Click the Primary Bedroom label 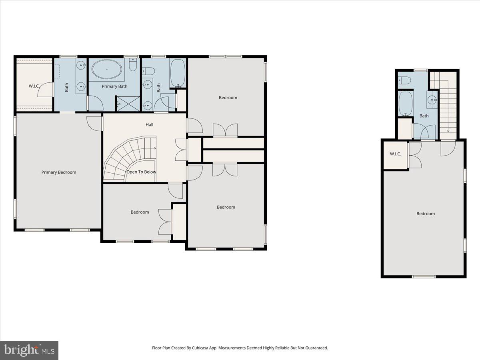coord(59,172)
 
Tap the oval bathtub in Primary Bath coord(107,69)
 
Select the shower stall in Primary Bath coord(128,104)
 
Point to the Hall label coord(149,125)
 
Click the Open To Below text coord(141,172)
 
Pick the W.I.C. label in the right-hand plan coord(396,154)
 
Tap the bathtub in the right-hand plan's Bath coord(405,103)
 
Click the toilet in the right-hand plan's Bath coord(403,80)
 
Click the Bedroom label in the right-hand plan coord(426,214)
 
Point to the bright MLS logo coord(29,350)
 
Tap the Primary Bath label coord(114,86)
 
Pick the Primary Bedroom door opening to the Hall coord(94,122)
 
